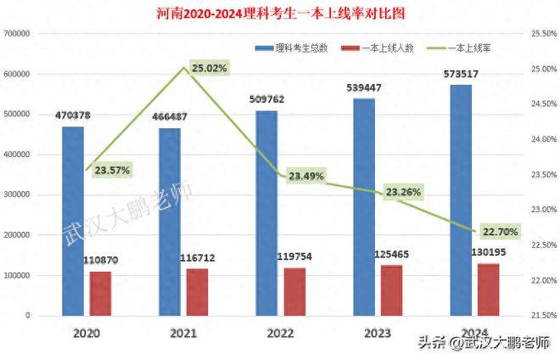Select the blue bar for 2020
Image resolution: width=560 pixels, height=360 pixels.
73,221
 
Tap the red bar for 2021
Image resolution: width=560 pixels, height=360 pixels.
197,292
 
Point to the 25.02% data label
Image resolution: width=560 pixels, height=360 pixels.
209,68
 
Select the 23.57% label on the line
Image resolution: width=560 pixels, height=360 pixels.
112,170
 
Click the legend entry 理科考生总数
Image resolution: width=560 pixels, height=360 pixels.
295,48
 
